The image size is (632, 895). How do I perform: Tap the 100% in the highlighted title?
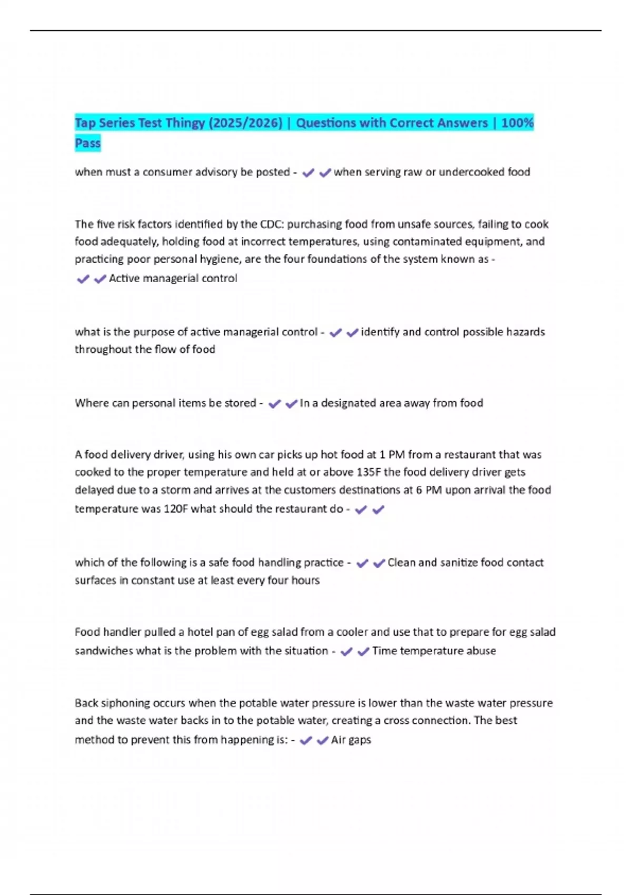pos(517,123)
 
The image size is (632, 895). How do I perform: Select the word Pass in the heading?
pos(87,143)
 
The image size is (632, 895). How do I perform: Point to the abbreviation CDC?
pos(272,224)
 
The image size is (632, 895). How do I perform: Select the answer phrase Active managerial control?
pos(173,279)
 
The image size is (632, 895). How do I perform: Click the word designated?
pos(350,403)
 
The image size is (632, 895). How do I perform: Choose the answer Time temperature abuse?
pos(434,651)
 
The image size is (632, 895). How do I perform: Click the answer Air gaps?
pos(351,740)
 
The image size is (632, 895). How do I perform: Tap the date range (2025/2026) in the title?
pos(245,123)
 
